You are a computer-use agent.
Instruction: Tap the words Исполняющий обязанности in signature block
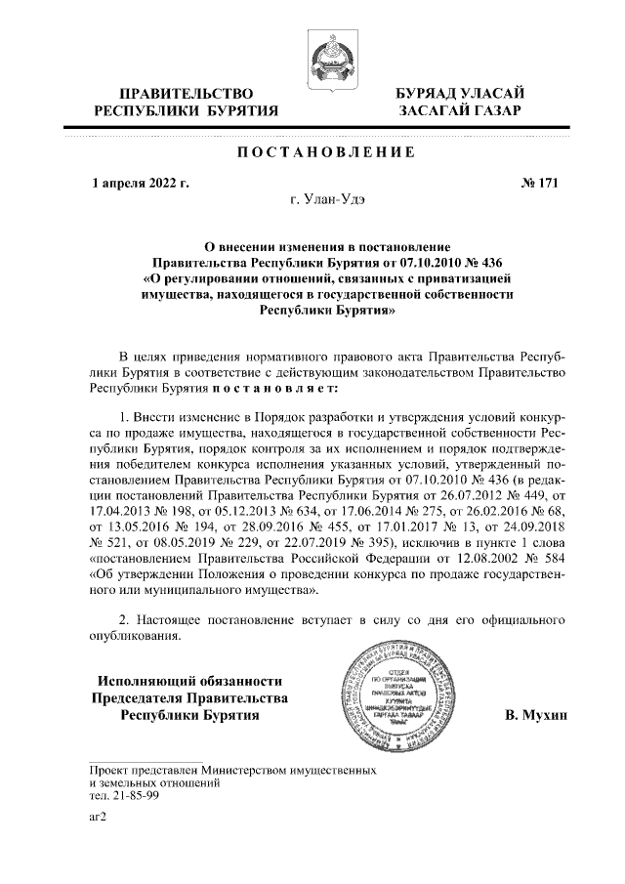[188, 681]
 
